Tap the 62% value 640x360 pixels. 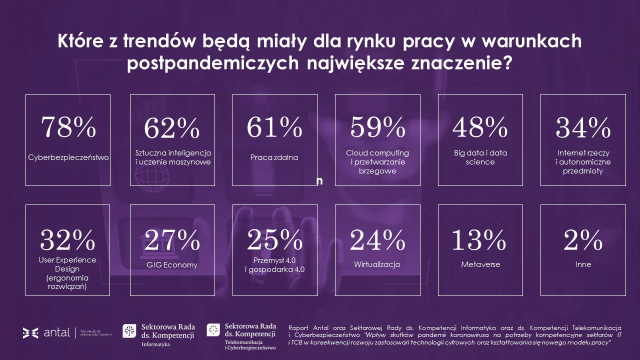pyautogui.click(x=172, y=128)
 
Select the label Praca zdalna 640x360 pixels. pyautogui.click(x=274, y=157)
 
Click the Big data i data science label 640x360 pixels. pyautogui.click(x=480, y=157)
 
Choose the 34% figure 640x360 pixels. pyautogui.click(x=583, y=128)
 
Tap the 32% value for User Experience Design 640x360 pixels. pyautogui.click(x=68, y=240)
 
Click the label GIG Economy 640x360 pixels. pyautogui.click(x=172, y=265)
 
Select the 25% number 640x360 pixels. pyautogui.click(x=274, y=240)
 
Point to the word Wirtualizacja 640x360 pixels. pyautogui.click(x=377, y=264)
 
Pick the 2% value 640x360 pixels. pyautogui.click(x=583, y=240)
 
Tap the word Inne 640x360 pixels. pyautogui.click(x=583, y=264)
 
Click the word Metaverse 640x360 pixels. pyautogui.click(x=480, y=264)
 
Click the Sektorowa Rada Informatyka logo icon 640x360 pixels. pyautogui.click(x=129, y=331)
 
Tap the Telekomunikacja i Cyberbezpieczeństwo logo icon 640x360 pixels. pyautogui.click(x=213, y=330)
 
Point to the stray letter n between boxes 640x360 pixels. pyautogui.click(x=319, y=181)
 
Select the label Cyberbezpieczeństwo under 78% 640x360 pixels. pyautogui.click(x=68, y=157)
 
